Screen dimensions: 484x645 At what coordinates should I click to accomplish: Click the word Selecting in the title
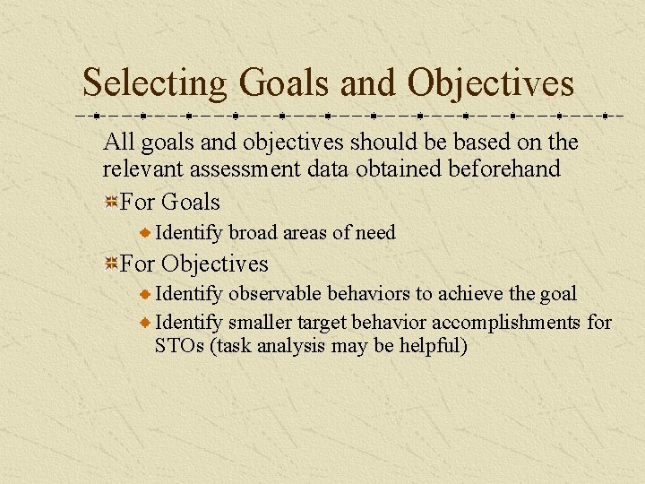pos(155,83)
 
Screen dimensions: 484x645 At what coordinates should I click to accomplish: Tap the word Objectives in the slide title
pos(490,83)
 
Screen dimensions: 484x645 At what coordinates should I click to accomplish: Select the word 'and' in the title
pos(367,83)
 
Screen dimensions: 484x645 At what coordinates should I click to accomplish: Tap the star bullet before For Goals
pos(110,203)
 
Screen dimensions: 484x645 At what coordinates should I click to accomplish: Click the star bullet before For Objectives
pos(110,264)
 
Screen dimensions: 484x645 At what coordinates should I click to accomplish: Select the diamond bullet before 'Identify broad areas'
pos(147,233)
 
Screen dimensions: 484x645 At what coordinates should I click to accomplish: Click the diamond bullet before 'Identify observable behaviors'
pos(147,294)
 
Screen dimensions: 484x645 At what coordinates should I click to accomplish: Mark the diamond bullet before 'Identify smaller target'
pos(147,322)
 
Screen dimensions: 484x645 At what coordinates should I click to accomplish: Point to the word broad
pos(254,233)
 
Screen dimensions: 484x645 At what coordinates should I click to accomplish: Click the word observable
pos(275,294)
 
